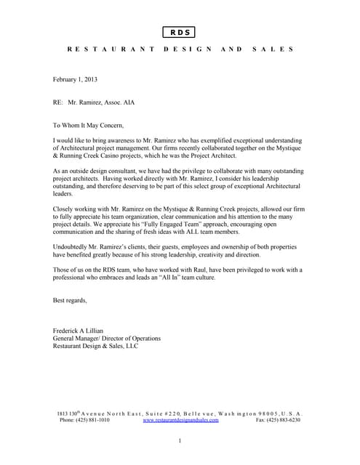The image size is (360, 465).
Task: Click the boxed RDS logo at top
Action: point(178,32)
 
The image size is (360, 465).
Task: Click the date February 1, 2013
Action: point(75,79)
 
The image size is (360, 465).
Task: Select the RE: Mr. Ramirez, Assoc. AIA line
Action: point(94,102)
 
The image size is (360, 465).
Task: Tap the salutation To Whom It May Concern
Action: point(94,126)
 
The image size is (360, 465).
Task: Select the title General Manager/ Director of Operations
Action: point(107,338)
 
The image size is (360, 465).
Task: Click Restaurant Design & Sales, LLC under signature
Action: point(95,346)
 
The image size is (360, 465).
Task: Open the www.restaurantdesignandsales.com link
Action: point(181,420)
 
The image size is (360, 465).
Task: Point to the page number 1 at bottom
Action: point(180,441)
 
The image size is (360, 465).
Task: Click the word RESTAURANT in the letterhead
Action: point(110,49)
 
